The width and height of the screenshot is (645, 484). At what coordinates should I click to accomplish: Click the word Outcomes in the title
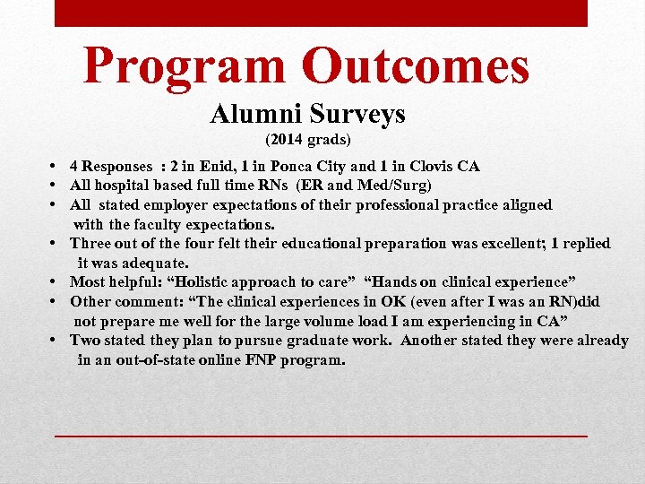pyautogui.click(x=416, y=65)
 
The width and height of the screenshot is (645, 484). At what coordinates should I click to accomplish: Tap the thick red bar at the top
pyautogui.click(x=321, y=13)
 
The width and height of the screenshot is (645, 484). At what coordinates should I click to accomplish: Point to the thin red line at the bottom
pyautogui.click(x=321, y=434)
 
